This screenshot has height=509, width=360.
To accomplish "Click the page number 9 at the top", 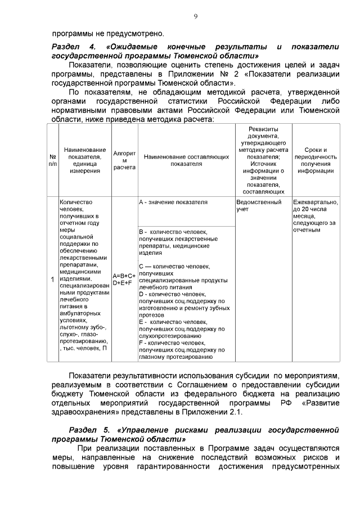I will pos(195,16).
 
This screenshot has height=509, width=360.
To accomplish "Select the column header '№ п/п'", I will pos(52,160).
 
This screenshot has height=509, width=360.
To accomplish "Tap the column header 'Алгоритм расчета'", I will pos(124,160).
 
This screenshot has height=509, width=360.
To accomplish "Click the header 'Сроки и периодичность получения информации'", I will pos(316,160).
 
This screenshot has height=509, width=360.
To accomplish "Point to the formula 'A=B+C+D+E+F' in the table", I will pos(124,280).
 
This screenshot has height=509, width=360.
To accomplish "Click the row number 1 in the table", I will pos(52,279).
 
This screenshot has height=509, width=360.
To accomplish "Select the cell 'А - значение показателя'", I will pos(173,202).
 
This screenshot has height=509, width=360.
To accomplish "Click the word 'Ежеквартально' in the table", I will pos(314,202).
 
